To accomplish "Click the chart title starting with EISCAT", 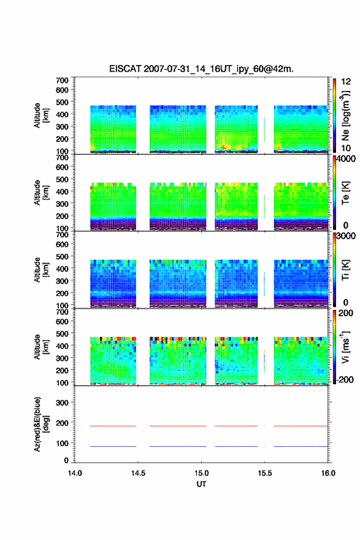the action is tap(201, 69).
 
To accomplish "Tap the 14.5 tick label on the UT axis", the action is tap(138, 473).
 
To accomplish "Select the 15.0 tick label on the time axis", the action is tap(201, 473).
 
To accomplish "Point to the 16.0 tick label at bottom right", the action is tap(328, 473).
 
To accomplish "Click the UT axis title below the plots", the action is tap(201, 484).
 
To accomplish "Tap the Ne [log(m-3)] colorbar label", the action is tap(345, 116).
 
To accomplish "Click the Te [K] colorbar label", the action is tap(345, 193).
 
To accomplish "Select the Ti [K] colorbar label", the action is tap(345, 270).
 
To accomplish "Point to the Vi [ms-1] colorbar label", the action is tap(345, 347).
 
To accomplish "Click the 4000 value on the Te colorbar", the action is tap(346, 159).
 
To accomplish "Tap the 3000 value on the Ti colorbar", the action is tap(346, 236).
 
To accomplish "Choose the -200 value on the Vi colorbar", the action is tap(345, 379).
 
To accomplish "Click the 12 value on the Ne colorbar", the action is tap(346, 82).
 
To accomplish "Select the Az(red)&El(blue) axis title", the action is tap(40, 424).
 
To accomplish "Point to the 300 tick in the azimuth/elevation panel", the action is tap(62, 403).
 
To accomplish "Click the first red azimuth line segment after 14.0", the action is tap(113, 426).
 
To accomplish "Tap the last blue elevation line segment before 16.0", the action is tap(301, 446).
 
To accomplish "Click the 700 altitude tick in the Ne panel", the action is tap(62, 80).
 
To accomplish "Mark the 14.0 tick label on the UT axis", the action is tap(75, 473).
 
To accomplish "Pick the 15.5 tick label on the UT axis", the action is tap(265, 473).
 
